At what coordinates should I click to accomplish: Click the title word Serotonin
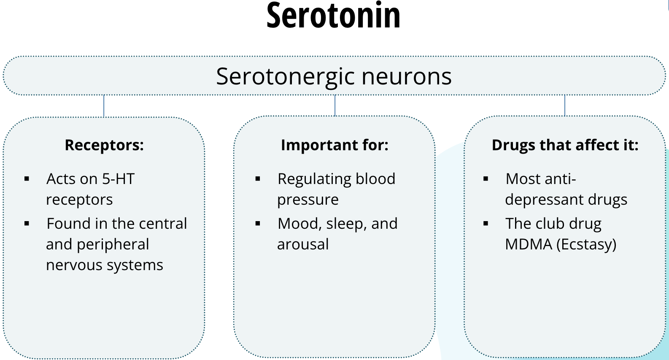(x=333, y=16)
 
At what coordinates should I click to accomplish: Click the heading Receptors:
(x=104, y=145)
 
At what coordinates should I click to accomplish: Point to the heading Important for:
(x=334, y=145)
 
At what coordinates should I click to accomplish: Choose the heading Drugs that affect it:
(x=565, y=145)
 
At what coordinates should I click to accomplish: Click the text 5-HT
(x=118, y=179)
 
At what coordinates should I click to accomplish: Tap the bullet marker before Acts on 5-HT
(x=27, y=179)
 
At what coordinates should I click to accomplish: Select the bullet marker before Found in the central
(x=27, y=224)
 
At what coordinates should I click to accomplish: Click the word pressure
(x=308, y=200)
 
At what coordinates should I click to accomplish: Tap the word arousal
(x=303, y=244)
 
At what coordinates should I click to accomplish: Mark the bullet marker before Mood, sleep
(x=258, y=224)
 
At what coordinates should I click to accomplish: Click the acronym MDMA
(x=529, y=244)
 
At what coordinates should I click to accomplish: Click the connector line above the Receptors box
(x=104, y=106)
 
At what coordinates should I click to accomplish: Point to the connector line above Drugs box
(x=564, y=106)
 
